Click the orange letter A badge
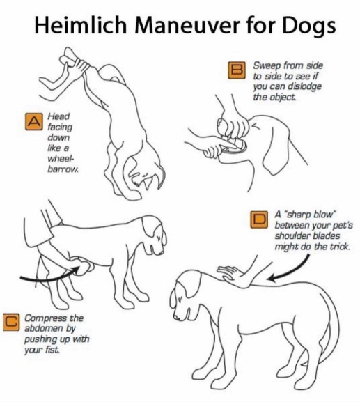click(x=33, y=121)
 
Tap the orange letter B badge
click(x=237, y=70)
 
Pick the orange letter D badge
click(x=259, y=219)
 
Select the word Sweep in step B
click(x=266, y=66)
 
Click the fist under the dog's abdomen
click(x=81, y=267)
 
